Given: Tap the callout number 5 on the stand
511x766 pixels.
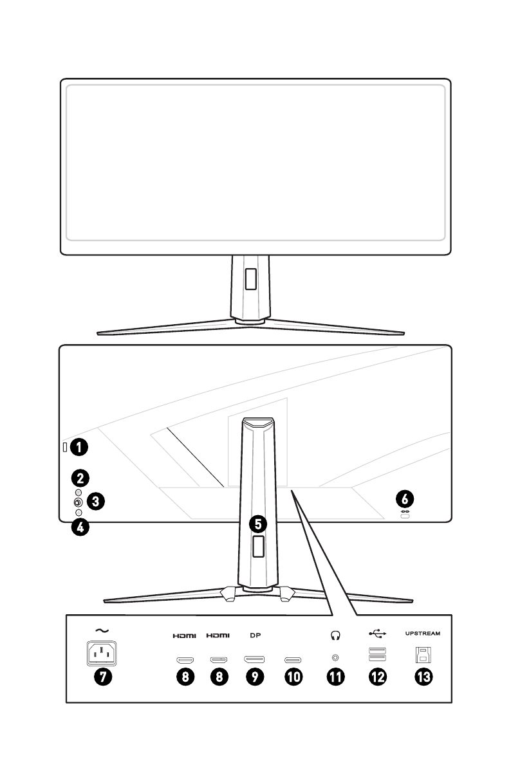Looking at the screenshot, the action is (258, 524).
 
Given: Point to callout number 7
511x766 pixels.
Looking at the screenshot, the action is (102, 676).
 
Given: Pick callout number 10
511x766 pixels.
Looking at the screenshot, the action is (293, 676).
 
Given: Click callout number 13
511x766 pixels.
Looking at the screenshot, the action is (423, 676).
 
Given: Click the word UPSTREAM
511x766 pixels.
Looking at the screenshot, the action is (423, 634).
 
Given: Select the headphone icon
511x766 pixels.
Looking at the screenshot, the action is (335, 635).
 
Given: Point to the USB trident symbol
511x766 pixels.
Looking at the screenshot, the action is (378, 634).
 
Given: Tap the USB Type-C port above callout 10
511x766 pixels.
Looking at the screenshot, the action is (293, 660).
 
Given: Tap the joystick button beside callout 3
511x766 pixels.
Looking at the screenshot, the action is (79, 502).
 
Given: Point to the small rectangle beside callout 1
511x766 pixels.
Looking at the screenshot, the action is (64, 447).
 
